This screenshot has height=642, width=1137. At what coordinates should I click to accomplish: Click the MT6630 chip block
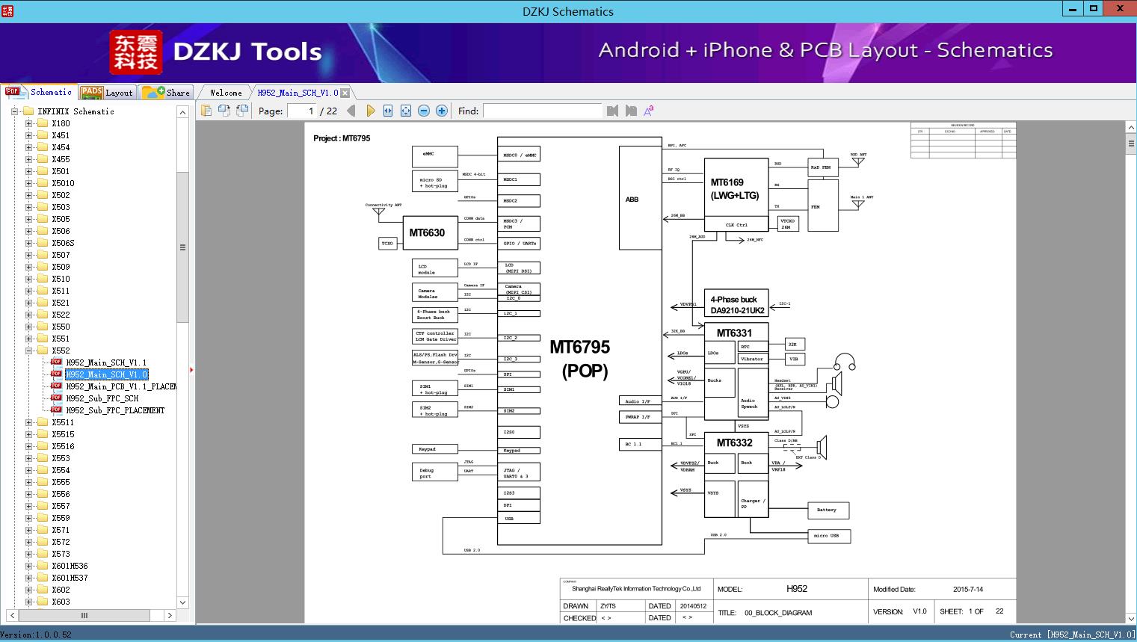click(427, 232)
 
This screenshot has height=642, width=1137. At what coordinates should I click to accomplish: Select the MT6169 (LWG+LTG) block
click(736, 189)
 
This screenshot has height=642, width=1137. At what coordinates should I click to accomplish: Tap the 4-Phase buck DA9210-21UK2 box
click(736, 304)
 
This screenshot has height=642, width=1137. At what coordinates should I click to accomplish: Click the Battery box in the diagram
click(828, 510)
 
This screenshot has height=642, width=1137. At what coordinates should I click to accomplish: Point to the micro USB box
click(828, 536)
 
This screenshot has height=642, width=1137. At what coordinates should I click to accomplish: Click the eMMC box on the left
click(434, 155)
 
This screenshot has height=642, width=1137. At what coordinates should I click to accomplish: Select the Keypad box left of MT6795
click(434, 449)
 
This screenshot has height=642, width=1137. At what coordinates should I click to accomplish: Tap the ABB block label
click(632, 200)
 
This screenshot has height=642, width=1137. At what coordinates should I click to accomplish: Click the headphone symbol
click(845, 362)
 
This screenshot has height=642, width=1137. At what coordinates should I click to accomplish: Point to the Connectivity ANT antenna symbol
click(379, 212)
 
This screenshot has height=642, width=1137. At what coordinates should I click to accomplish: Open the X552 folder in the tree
click(61, 351)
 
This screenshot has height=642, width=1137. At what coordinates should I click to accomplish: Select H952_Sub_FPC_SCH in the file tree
click(102, 398)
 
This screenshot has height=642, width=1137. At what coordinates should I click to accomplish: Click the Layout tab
click(107, 93)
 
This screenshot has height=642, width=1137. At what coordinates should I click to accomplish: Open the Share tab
click(167, 93)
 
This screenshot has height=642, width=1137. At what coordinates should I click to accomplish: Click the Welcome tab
click(226, 93)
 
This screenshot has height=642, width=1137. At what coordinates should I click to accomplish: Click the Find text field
click(542, 111)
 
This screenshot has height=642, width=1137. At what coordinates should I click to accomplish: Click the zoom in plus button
click(442, 111)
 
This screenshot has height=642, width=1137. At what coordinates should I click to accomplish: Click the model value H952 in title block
click(797, 589)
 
